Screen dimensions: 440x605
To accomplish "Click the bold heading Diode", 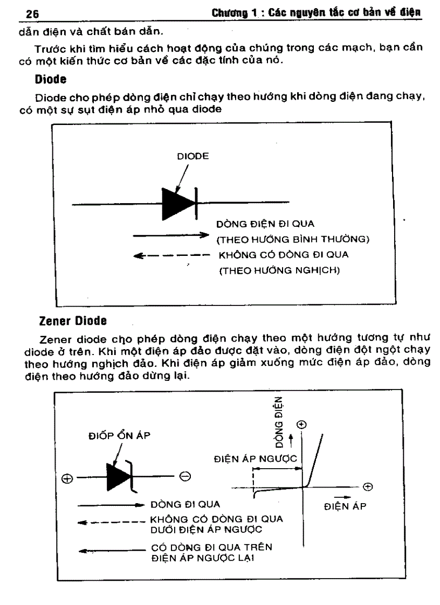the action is [48, 79].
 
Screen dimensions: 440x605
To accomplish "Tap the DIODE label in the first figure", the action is [192, 157].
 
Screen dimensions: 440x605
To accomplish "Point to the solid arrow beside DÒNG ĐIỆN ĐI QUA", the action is [170, 235].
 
